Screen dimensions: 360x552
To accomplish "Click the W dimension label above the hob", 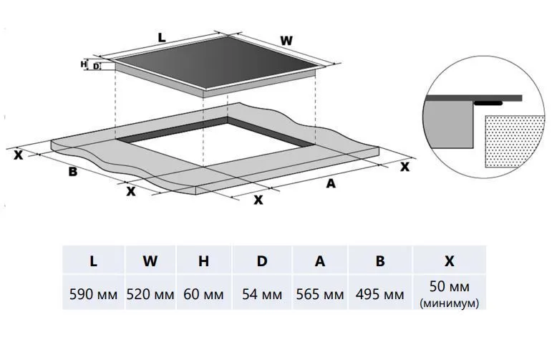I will click(286, 41).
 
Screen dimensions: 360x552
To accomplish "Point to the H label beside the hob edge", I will click(84, 64).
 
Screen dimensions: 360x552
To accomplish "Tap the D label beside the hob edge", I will click(96, 67).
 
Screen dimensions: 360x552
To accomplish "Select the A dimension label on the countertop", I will click(330, 183).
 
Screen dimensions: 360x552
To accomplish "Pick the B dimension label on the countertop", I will click(73, 171).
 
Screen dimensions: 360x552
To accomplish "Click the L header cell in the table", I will click(93, 261).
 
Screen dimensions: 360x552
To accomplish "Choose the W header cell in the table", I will click(150, 261).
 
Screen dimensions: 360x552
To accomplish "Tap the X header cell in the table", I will click(450, 261).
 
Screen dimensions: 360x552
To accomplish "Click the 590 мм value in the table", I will click(93, 294).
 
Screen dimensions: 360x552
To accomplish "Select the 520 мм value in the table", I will click(150, 294).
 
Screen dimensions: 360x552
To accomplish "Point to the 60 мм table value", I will click(204, 294).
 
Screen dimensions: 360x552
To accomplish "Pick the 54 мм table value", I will click(262, 294).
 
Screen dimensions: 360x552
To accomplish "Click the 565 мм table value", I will click(320, 294).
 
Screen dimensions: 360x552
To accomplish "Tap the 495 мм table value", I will click(379, 294).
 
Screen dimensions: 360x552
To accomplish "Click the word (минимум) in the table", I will click(450, 303).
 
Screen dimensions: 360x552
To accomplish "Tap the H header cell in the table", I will click(204, 261).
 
